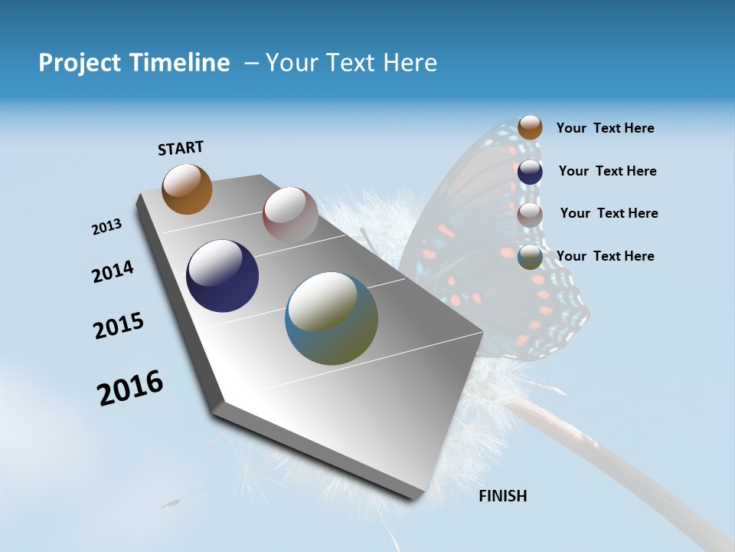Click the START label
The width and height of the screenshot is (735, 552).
tap(181, 148)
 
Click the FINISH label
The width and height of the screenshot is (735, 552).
tap(502, 496)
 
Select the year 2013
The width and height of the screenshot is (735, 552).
tap(106, 227)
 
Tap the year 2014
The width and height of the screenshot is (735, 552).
tap(113, 272)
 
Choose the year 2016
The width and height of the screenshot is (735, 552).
tap(130, 388)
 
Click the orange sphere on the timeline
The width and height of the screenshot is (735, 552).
tap(187, 189)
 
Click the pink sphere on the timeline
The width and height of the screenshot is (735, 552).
tap(290, 214)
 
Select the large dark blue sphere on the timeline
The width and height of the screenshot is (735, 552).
tap(222, 276)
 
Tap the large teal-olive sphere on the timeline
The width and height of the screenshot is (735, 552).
tap(332, 318)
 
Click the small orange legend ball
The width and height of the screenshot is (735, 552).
tap(530, 127)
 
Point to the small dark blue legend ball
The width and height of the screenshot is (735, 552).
tap(530, 172)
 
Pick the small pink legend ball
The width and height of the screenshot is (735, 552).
tap(530, 215)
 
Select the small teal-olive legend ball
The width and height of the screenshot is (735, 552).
tap(530, 258)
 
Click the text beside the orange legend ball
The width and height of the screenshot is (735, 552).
tap(605, 129)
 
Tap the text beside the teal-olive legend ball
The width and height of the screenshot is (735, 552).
tap(605, 256)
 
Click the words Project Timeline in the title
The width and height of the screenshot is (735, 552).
tap(134, 63)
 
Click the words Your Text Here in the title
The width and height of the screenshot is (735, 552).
tap(351, 63)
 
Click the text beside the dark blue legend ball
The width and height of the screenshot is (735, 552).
tap(607, 171)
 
